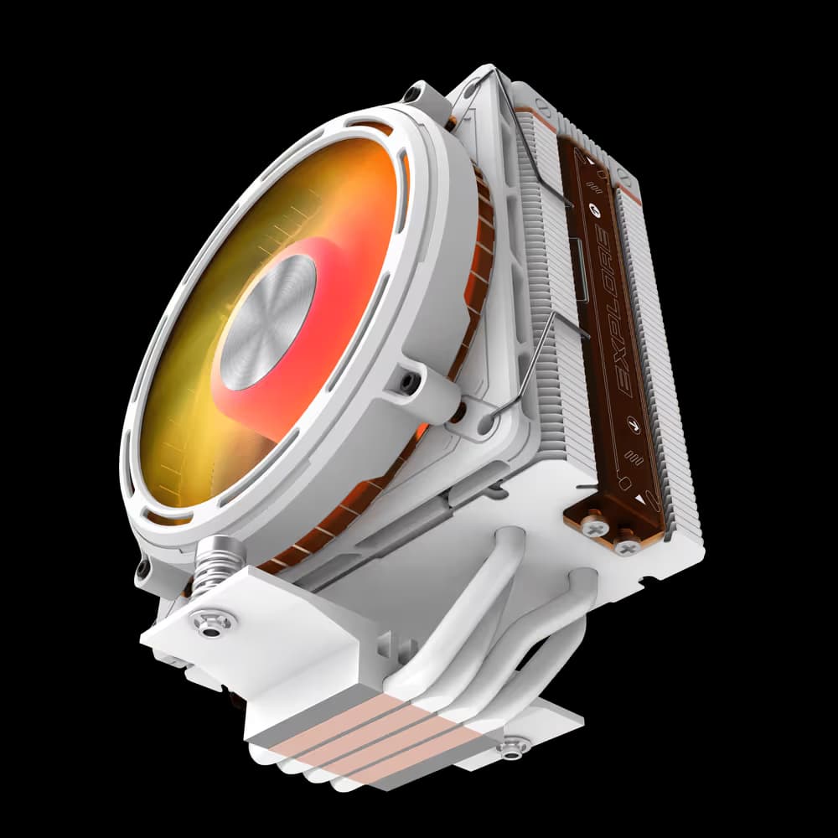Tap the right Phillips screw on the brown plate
pyautogui.click(x=628, y=545)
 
